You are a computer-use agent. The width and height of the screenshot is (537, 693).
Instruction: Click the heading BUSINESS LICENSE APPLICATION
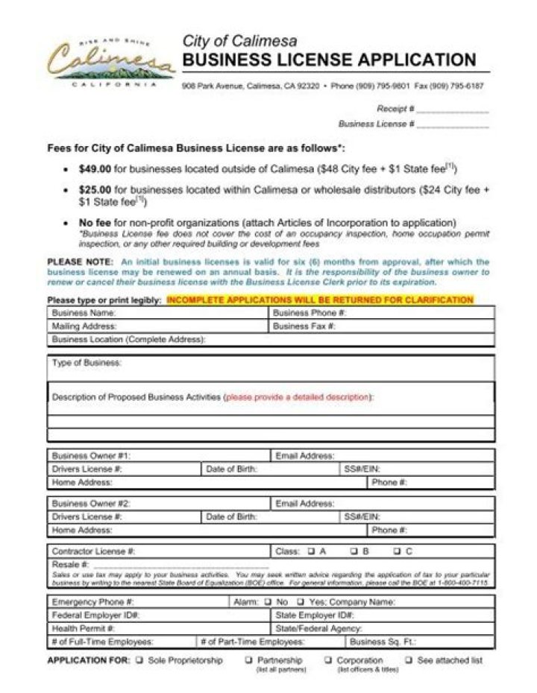tap(329, 60)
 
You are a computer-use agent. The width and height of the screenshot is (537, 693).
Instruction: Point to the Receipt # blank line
tap(453, 110)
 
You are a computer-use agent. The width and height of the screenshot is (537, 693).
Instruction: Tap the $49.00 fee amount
tap(95, 169)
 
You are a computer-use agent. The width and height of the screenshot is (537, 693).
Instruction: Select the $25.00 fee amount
tap(95, 190)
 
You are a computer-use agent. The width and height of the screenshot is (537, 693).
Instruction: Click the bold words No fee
tap(95, 222)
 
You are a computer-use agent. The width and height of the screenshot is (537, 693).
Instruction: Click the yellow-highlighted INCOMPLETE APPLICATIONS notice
tap(320, 300)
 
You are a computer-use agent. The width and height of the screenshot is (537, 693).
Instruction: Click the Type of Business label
tap(87, 363)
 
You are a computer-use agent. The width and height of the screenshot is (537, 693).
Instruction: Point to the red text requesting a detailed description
tap(298, 397)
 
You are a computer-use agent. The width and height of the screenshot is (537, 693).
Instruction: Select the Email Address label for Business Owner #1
tap(305, 455)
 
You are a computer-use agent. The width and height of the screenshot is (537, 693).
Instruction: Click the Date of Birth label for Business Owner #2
tap(231, 516)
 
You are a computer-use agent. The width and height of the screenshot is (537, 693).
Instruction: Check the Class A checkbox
tap(310, 551)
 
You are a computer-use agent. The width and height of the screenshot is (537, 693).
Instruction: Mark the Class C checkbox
tap(398, 551)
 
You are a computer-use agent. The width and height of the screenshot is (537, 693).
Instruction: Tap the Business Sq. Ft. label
tap(383, 641)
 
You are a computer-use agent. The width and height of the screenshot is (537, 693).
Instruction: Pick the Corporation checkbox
tap(328, 660)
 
